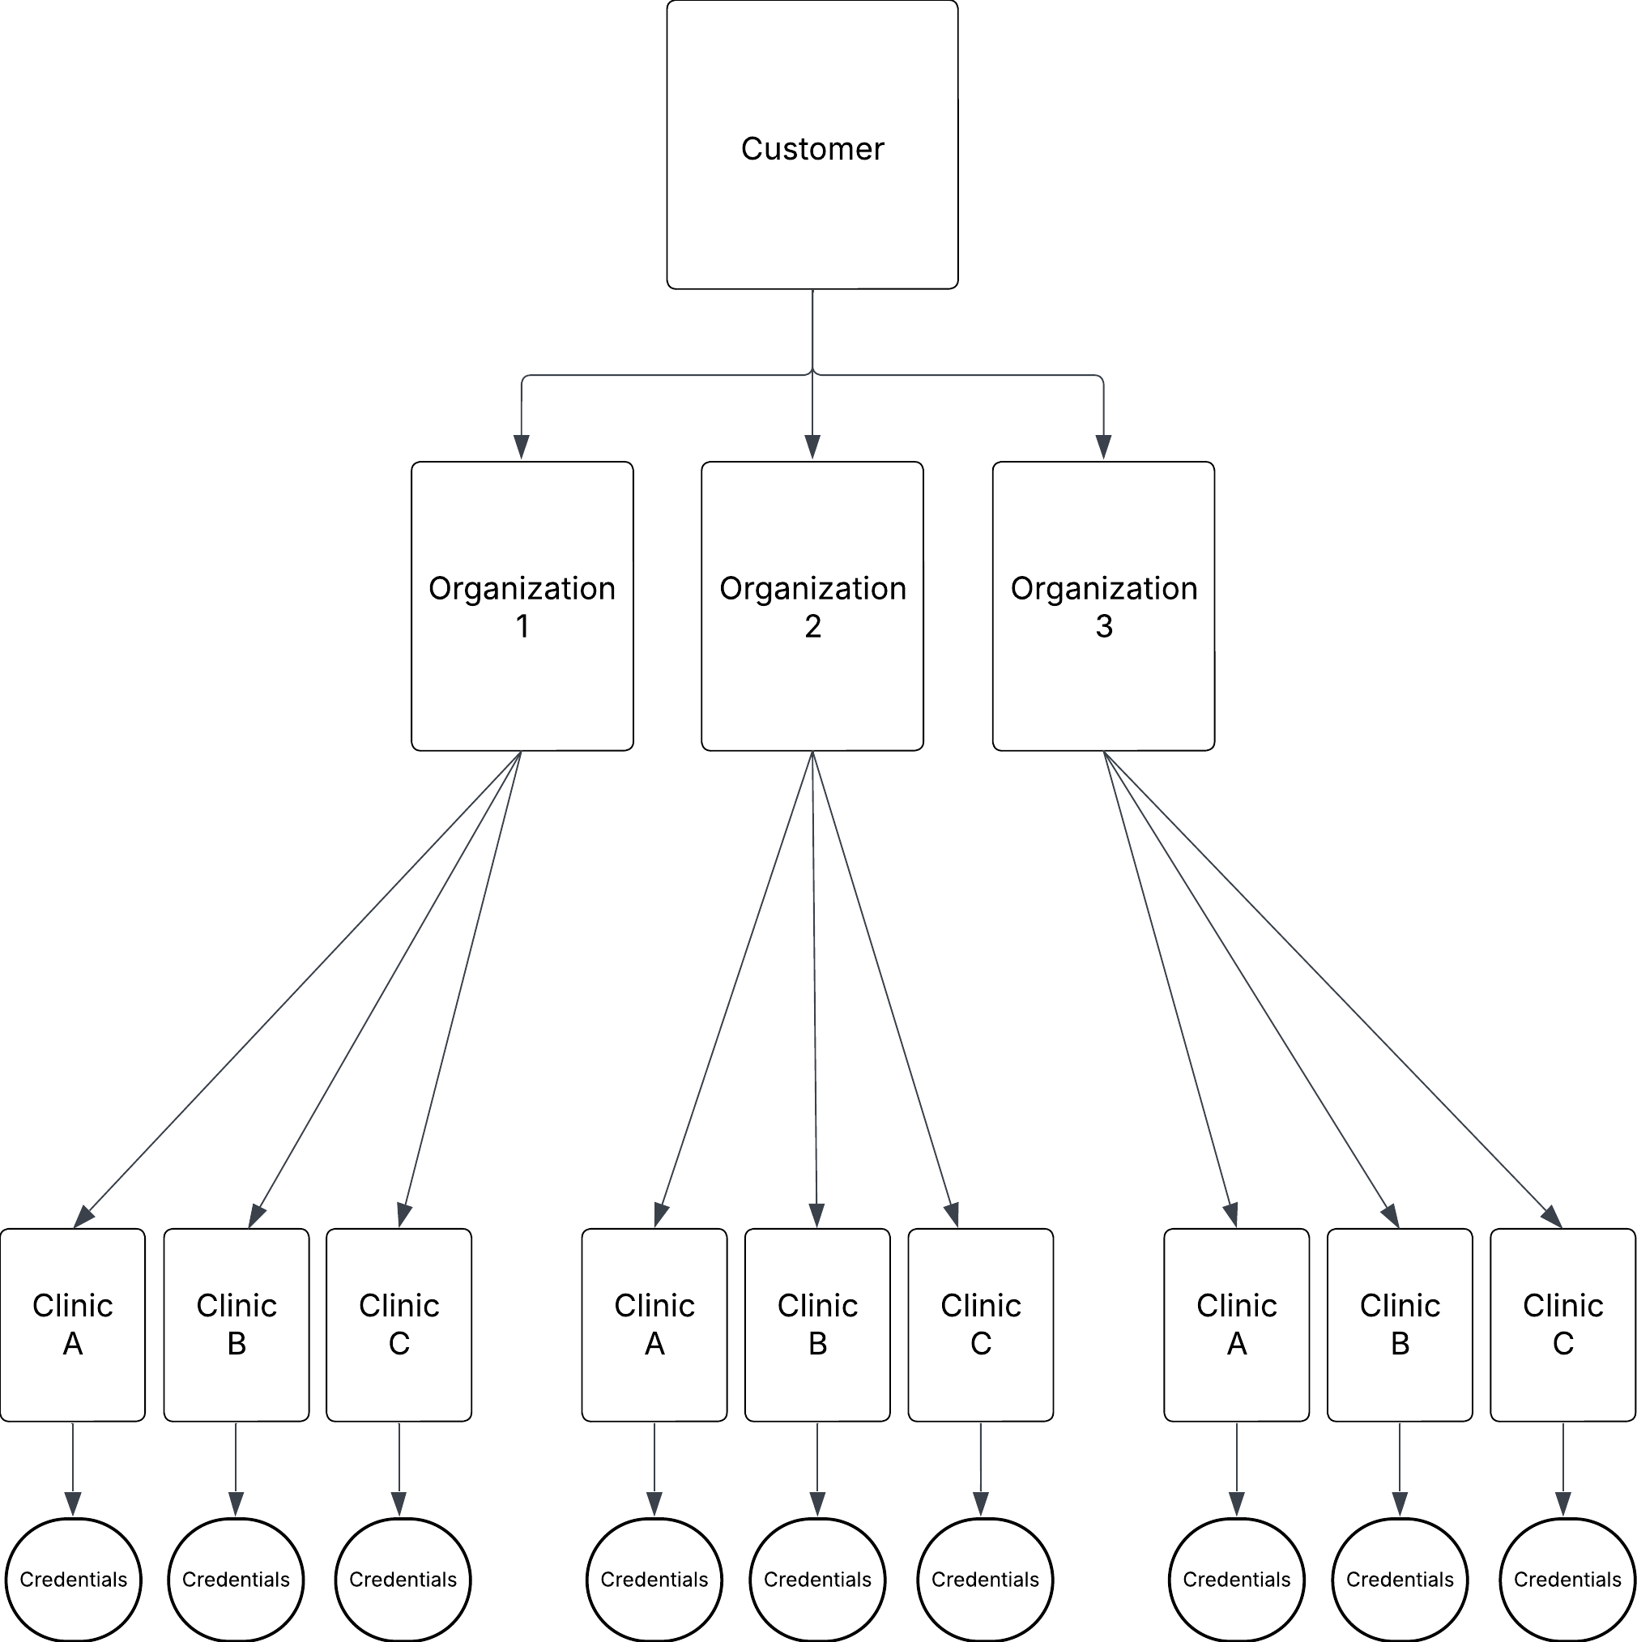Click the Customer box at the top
point(812,144)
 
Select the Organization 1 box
point(522,606)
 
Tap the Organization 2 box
point(812,606)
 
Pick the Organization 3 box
point(1103,606)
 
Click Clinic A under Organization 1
point(72,1324)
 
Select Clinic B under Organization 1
point(237,1324)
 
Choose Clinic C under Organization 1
point(399,1324)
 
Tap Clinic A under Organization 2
point(654,1324)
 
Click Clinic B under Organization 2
point(817,1324)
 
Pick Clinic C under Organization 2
point(981,1324)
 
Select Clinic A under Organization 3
point(1237,1324)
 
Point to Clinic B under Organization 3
point(1400,1324)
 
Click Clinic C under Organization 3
point(1563,1324)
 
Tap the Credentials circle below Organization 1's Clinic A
point(73,1579)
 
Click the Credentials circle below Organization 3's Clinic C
point(1567,1579)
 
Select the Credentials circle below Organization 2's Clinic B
point(817,1579)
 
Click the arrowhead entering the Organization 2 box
point(812,448)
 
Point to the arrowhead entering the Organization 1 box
point(522,448)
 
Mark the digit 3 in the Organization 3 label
point(1103,626)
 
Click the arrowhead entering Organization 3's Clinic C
point(1551,1216)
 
